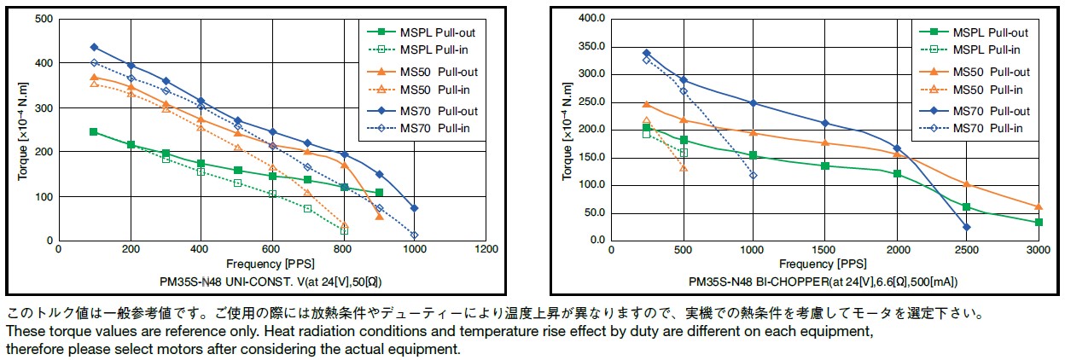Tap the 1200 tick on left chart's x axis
[x=486, y=249]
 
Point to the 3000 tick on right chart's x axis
[x=1038, y=249]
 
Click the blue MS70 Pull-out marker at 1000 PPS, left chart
[x=415, y=208]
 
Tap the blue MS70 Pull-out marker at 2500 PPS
[x=967, y=227]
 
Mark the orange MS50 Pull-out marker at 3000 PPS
[x=1039, y=206]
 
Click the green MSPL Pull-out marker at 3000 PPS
[x=1039, y=223]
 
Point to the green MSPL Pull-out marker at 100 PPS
[x=94, y=132]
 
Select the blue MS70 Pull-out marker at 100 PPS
[x=94, y=47]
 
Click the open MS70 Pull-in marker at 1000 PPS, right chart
[x=753, y=176]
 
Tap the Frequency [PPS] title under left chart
[x=271, y=264]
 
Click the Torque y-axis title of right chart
[x=567, y=130]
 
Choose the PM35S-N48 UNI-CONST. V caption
[x=271, y=281]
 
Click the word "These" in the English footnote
[x=23, y=329]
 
